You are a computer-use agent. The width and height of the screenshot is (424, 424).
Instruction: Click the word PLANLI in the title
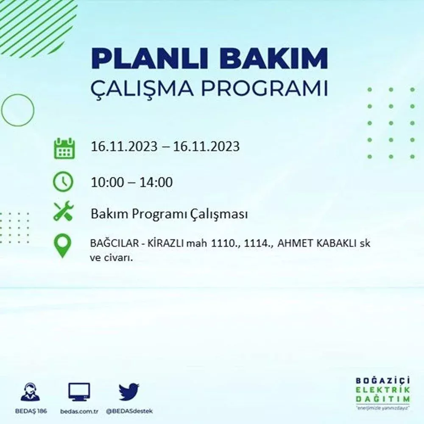pyautogui.click(x=150, y=59)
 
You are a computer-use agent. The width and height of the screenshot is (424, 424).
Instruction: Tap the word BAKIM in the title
pyautogui.click(x=273, y=59)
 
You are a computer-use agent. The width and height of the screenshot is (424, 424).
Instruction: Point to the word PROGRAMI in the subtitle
pyautogui.click(x=265, y=88)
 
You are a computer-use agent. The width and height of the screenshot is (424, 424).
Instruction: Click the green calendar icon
pyautogui.click(x=64, y=148)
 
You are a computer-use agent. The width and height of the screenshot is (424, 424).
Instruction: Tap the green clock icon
pyautogui.click(x=63, y=181)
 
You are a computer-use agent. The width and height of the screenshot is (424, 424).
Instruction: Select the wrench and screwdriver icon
pyautogui.click(x=64, y=211)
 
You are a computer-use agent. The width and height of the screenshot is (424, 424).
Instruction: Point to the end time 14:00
pyautogui.click(x=156, y=182)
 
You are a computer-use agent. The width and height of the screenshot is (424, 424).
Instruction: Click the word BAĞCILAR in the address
pyautogui.click(x=114, y=243)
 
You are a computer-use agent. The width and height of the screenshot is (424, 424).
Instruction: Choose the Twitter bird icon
pyautogui.click(x=129, y=392)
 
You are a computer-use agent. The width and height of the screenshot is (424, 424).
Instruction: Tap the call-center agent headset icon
pyautogui.click(x=30, y=392)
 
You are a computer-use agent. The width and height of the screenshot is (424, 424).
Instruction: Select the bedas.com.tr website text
pyautogui.click(x=79, y=411)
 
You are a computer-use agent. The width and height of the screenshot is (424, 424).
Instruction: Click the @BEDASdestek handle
pyautogui.click(x=129, y=411)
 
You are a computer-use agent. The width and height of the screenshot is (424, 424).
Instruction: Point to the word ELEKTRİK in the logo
pyautogui.click(x=382, y=390)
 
